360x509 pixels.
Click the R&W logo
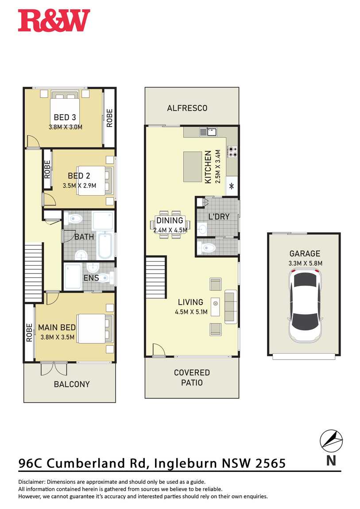pyautogui.click(x=54, y=20)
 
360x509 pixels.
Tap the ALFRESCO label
pyautogui.click(x=187, y=108)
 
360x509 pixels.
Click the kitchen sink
pyautogui.click(x=209, y=132)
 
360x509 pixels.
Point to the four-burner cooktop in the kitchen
pyautogui.click(x=232, y=152)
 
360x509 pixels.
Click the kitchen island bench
pyautogui.click(x=193, y=166)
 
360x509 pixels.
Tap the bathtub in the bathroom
pyautogui.click(x=106, y=245)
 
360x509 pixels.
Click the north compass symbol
pyautogui.click(x=331, y=441)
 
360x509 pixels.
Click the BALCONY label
pyautogui.click(x=72, y=384)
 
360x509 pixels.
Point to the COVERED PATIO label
pyautogui.click(x=192, y=378)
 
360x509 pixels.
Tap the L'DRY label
pyautogui.click(x=219, y=216)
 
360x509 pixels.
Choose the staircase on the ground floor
pyautogui.click(x=156, y=278)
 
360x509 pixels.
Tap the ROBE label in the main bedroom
pyautogui.click(x=29, y=332)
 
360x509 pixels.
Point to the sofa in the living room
pyautogui.click(x=230, y=307)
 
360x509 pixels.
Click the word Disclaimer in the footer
pyautogui.click(x=32, y=482)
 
